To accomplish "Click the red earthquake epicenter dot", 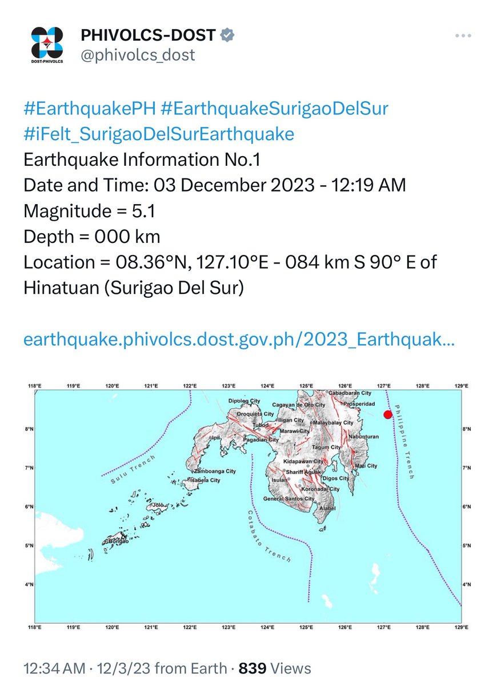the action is tap(388, 414).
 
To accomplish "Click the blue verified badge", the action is tap(227, 35).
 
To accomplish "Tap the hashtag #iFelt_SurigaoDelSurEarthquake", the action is tap(159, 134).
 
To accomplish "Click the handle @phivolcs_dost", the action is tap(138, 55).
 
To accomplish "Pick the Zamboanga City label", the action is tap(213, 471).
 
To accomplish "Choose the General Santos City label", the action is tap(288, 499).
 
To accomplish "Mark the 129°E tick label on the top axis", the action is tap(462, 386).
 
